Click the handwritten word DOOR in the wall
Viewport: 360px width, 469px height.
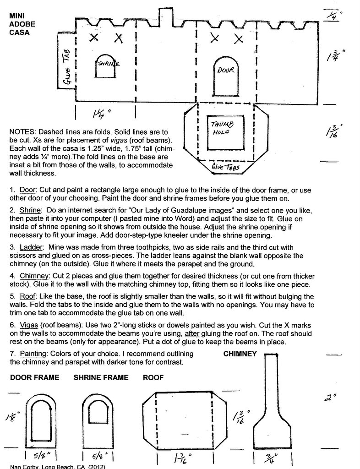226,71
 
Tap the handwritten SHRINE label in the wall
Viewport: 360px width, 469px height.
108,64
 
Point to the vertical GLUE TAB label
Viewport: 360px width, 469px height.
66,67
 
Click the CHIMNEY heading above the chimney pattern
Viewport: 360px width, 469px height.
240,354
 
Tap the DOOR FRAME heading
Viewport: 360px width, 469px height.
34,378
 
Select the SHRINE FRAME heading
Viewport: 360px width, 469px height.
101,378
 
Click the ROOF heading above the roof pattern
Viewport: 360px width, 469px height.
153,378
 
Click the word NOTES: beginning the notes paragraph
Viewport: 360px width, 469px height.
22,132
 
